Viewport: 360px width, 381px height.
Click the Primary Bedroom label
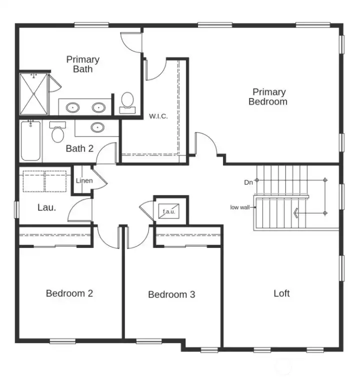click(x=268, y=96)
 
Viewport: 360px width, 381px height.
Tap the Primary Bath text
click(x=83, y=64)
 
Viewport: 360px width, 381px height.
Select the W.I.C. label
click(x=158, y=116)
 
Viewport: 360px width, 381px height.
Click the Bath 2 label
click(x=79, y=148)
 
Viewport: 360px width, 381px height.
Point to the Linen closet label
click(x=84, y=180)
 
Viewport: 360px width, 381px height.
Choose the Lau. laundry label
click(x=46, y=206)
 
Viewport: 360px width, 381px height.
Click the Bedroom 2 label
click(x=69, y=293)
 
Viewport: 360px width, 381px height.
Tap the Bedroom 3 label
click(x=171, y=294)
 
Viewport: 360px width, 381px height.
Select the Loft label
click(x=281, y=293)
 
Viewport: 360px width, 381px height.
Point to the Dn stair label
click(x=248, y=182)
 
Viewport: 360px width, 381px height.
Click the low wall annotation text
click(x=240, y=207)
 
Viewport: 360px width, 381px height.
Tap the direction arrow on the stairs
click(x=297, y=213)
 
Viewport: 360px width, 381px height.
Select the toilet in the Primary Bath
click(x=127, y=101)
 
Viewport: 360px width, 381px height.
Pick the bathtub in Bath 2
click(x=30, y=141)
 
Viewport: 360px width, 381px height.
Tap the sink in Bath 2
click(x=97, y=127)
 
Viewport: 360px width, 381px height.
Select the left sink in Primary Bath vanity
click(x=74, y=107)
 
